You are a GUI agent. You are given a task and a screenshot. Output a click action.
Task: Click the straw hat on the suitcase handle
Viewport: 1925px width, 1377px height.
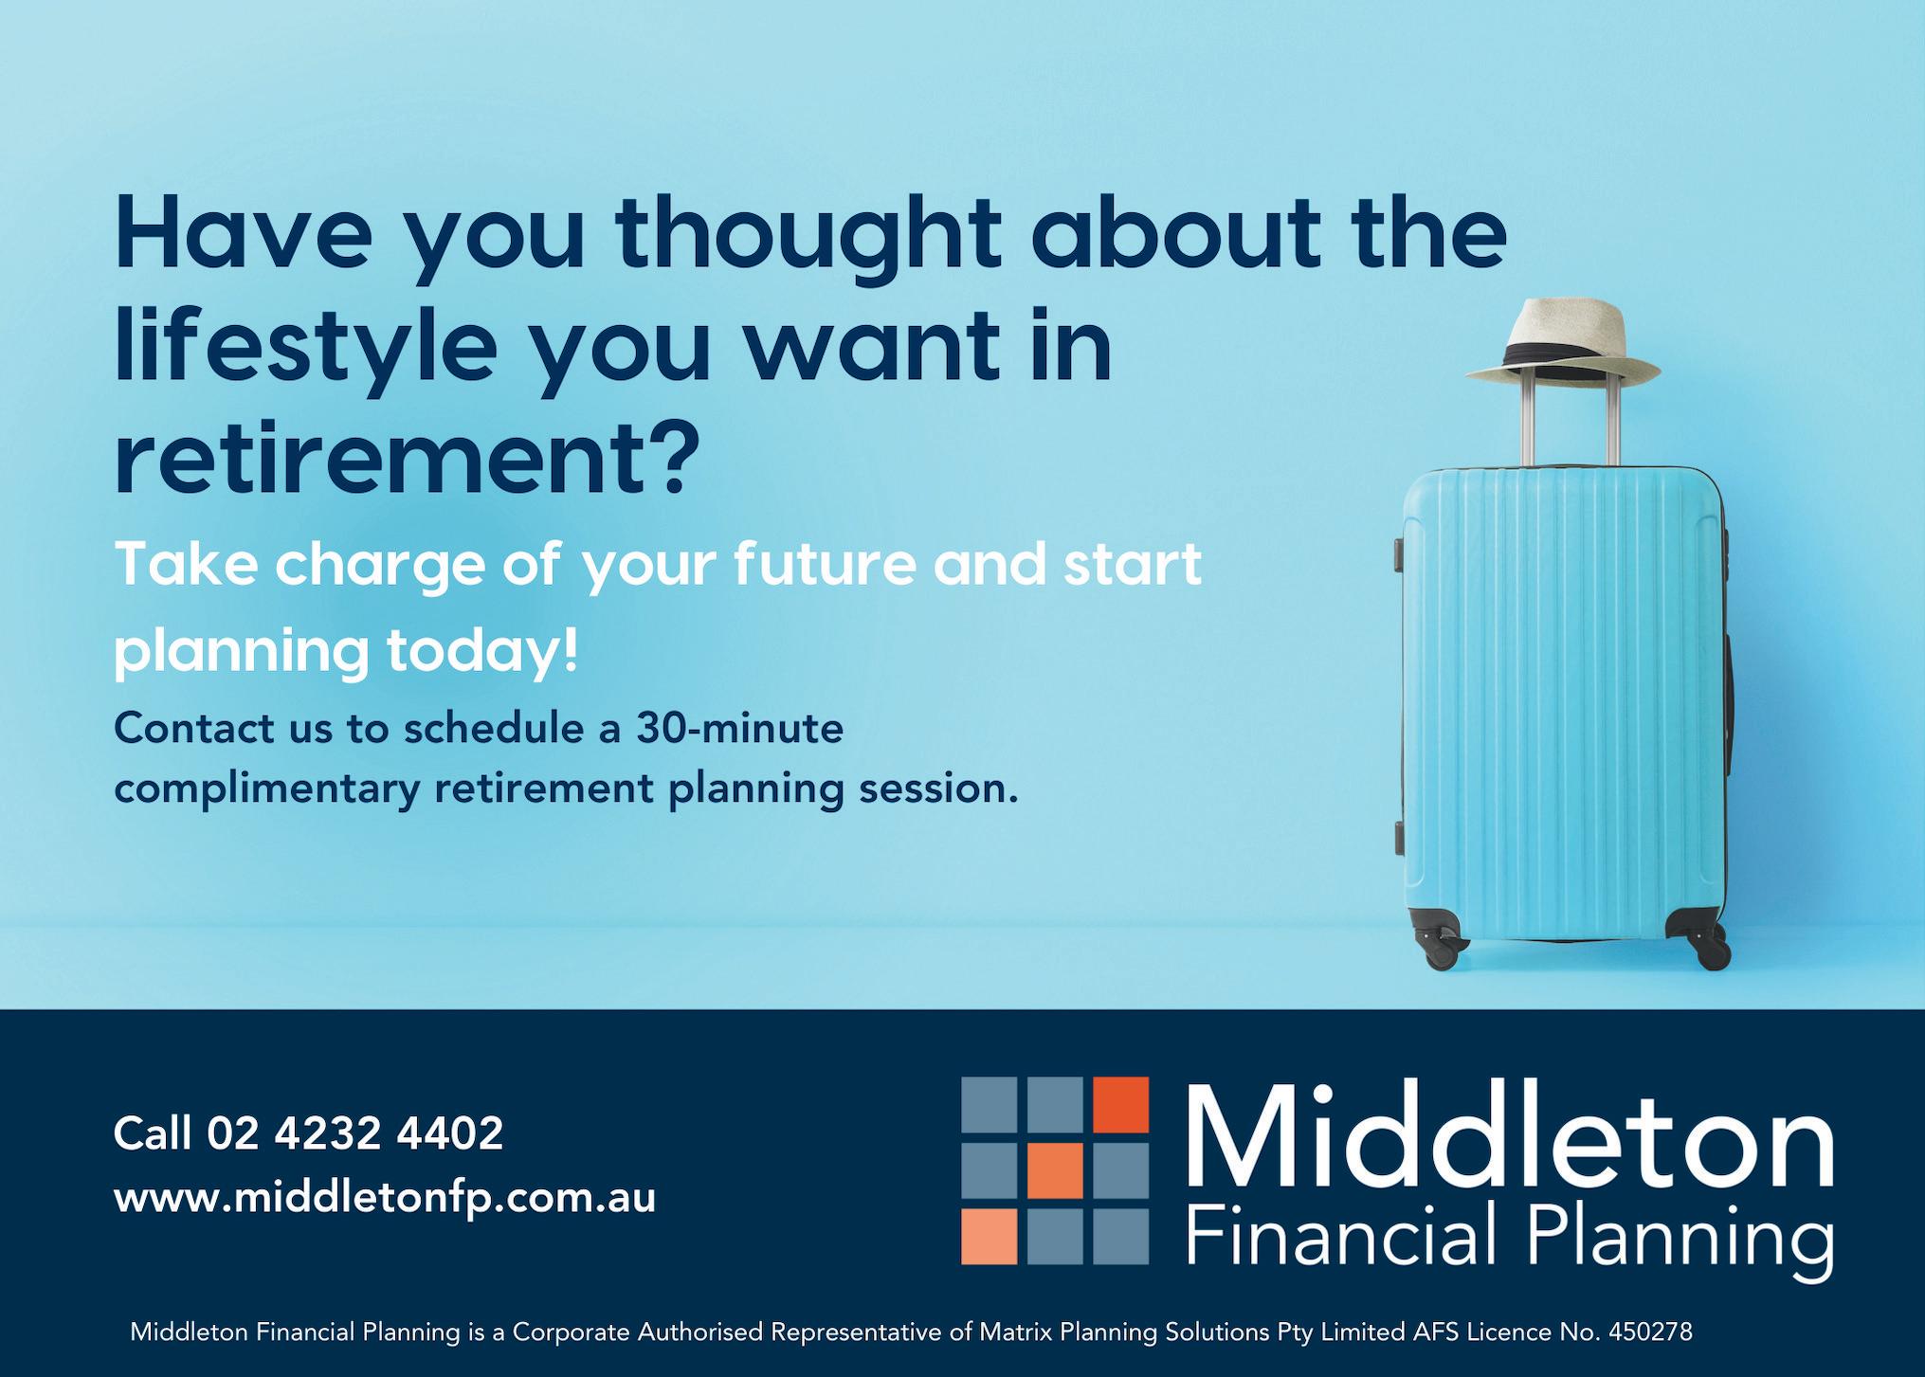tap(1563, 344)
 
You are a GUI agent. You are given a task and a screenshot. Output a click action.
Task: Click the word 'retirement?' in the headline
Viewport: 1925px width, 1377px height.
tap(407, 457)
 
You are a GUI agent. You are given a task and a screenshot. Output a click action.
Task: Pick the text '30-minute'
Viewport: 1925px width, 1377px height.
tap(739, 729)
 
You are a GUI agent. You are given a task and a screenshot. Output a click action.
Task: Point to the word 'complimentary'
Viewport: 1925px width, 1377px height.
tap(266, 790)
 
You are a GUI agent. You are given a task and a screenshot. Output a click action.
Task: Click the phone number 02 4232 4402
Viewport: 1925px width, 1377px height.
tap(354, 1133)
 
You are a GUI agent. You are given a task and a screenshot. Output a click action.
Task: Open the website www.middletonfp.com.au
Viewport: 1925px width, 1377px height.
tap(385, 1199)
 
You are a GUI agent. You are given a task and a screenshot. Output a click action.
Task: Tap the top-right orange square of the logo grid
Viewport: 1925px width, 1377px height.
tap(1121, 1105)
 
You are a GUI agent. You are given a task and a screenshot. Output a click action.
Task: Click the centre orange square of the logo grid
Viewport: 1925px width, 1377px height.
tap(1055, 1170)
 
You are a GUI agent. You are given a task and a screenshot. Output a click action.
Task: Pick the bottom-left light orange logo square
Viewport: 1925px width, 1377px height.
tap(990, 1237)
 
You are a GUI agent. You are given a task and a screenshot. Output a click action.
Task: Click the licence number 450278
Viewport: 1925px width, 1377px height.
tap(1650, 1332)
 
